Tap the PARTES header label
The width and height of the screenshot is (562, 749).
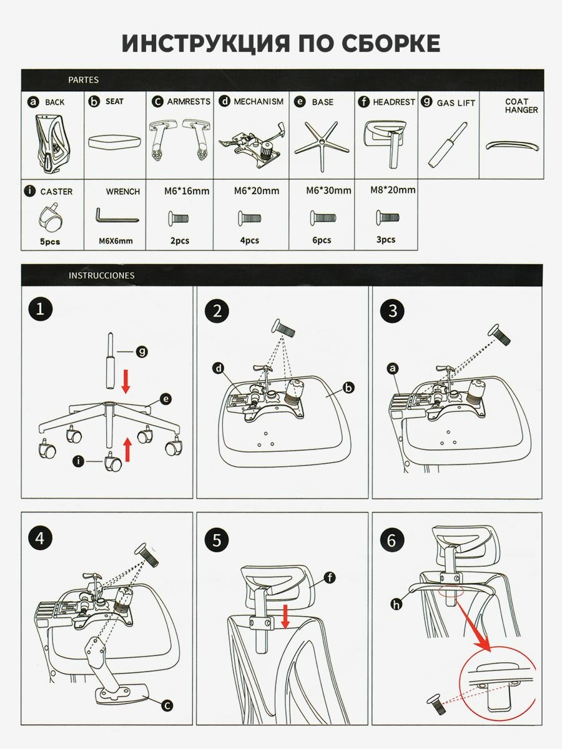coord(83,80)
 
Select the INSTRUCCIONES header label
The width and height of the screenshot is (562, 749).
coord(101,275)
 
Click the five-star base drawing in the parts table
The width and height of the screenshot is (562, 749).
coord(321,142)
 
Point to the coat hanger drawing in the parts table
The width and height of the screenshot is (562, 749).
coord(511,145)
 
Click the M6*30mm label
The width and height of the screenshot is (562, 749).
coord(328,190)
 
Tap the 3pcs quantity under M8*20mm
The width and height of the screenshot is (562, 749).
coord(386,240)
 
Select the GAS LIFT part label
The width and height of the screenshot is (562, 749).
coord(456,102)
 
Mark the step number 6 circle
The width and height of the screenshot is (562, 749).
coord(392,540)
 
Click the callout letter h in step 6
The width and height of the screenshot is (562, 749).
coord(395,604)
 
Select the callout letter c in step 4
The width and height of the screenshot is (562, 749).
coord(166,705)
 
